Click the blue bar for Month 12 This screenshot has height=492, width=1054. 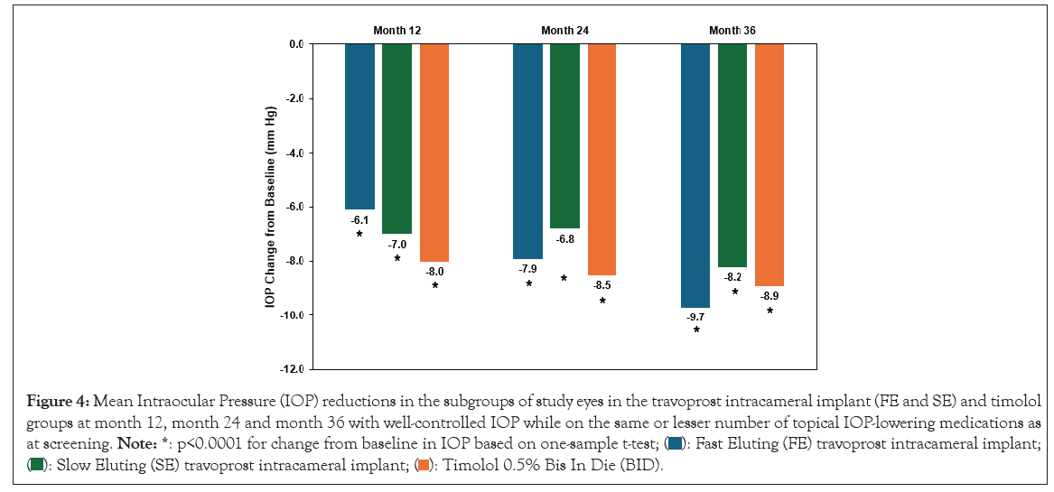click(359, 126)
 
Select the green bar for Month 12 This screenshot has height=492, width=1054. click(396, 138)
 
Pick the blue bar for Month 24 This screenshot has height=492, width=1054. click(527, 151)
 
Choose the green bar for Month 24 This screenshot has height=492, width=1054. click(564, 135)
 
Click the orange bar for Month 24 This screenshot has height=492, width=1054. click(602, 159)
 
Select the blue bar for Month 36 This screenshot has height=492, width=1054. click(695, 175)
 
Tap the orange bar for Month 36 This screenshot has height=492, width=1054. click(770, 164)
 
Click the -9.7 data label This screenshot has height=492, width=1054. click(695, 317)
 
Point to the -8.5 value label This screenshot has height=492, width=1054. click(602, 285)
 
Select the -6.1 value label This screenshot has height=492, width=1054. click(359, 219)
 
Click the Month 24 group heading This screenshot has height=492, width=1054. click(564, 30)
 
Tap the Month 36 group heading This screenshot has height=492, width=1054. click(732, 30)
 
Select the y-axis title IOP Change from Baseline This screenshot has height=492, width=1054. click(270, 207)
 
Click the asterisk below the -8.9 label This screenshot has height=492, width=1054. click(770, 311)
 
